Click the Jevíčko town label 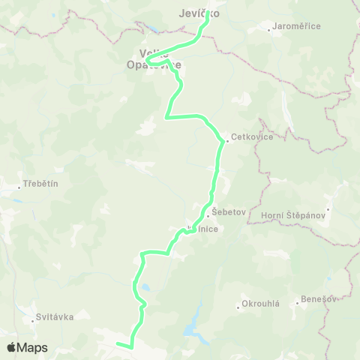199,14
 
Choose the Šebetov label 229,212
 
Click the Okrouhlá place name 261,304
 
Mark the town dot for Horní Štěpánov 328,209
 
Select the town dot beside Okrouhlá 236,304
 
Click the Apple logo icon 12,347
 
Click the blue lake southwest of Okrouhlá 193,324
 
